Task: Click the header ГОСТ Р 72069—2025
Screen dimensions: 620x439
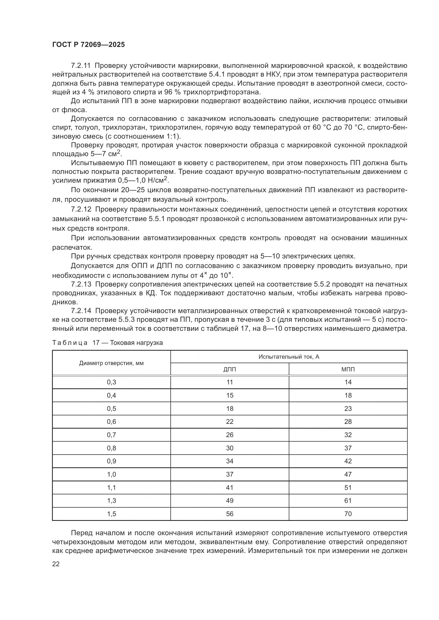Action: pos(88,45)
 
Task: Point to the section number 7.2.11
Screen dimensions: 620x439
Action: pos(81,66)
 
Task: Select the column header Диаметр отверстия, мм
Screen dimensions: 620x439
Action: pos(111,363)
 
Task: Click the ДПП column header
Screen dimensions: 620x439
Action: pos(230,370)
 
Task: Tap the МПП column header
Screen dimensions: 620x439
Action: pos(348,370)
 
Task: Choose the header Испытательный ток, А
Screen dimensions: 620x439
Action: pos(289,357)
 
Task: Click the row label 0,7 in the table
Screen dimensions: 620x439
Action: pos(111,435)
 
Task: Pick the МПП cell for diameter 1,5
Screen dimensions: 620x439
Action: pos(348,514)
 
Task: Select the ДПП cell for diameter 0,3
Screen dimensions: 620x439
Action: pos(230,382)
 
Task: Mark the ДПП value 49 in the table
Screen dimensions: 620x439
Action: pos(230,501)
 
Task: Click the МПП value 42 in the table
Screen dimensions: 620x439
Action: pos(348,461)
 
